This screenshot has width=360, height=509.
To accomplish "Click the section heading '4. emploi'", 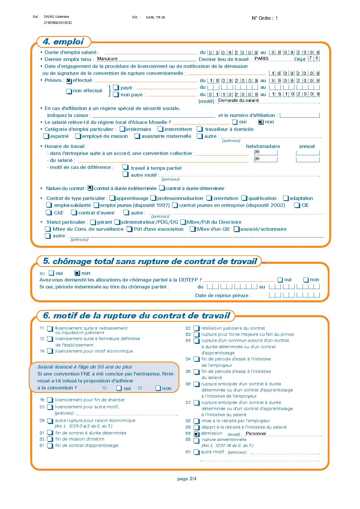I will [x=63, y=42].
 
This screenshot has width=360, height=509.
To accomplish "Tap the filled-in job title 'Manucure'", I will [x=107, y=59].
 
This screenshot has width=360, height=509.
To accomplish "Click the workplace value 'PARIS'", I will [x=261, y=59].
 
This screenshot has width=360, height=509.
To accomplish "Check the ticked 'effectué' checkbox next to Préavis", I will [x=69, y=81].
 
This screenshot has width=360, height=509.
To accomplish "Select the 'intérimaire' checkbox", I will [x=123, y=129].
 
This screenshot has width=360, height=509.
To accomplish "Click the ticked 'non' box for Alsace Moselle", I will [x=261, y=122].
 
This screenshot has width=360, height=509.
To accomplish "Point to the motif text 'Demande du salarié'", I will [x=238, y=100].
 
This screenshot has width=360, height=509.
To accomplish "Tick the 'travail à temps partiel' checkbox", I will [x=125, y=167].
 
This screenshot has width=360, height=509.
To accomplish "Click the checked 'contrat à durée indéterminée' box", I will [x=90, y=188].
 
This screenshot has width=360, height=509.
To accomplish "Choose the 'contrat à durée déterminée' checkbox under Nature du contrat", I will [x=162, y=188].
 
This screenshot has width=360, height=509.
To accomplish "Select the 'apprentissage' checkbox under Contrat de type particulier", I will [x=112, y=198].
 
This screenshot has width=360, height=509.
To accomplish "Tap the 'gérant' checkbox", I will [x=93, y=223].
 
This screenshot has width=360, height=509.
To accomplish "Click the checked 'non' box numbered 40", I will [x=77, y=273].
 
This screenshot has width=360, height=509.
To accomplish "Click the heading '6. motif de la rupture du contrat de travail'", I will [x=136, y=316].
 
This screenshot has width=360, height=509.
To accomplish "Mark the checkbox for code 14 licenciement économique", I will [x=50, y=351].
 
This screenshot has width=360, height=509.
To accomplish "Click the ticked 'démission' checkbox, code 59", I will [x=196, y=434].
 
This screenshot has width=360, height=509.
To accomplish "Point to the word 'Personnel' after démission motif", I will [x=256, y=434].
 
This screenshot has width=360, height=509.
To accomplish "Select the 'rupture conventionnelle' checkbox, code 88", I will [x=196, y=441].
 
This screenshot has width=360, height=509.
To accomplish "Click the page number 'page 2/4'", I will [x=187, y=479].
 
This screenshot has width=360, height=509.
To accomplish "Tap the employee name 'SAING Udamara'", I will [x=56, y=17].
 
